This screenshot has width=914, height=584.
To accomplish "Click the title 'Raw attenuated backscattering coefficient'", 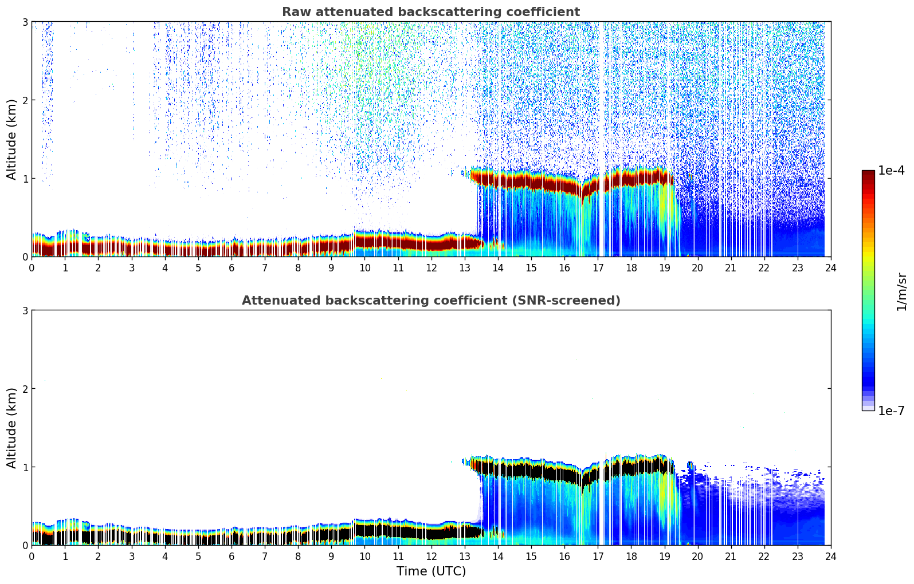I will pyautogui.click(x=430, y=12).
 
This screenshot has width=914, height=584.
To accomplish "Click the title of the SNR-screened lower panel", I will pyautogui.click(x=430, y=301).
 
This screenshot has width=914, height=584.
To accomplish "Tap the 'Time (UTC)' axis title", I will pyautogui.click(x=431, y=571).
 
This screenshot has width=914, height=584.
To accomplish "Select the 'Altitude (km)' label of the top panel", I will pyautogui.click(x=11, y=139).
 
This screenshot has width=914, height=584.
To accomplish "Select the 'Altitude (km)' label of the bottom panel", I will pyautogui.click(x=11, y=428).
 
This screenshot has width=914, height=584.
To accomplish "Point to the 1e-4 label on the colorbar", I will pyautogui.click(x=891, y=171).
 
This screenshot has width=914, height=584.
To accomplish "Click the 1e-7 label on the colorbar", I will pyautogui.click(x=891, y=411).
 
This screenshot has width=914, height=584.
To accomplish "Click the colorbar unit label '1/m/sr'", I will pyautogui.click(x=901, y=291).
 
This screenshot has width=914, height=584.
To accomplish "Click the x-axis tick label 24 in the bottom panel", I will pyautogui.click(x=830, y=557).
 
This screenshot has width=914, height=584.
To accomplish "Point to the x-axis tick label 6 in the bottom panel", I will pyautogui.click(x=232, y=557).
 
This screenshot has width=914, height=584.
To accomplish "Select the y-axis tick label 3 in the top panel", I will pyautogui.click(x=25, y=22).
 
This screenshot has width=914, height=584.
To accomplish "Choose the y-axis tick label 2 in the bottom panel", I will pyautogui.click(x=25, y=389).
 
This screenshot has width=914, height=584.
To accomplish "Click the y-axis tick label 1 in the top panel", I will pyautogui.click(x=25, y=179).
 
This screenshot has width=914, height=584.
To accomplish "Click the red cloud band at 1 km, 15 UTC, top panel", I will pyautogui.click(x=531, y=181).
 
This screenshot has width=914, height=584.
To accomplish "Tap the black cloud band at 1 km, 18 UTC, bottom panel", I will pyautogui.click(x=631, y=468).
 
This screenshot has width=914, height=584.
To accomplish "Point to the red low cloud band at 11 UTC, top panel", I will pyautogui.click(x=398, y=242).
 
